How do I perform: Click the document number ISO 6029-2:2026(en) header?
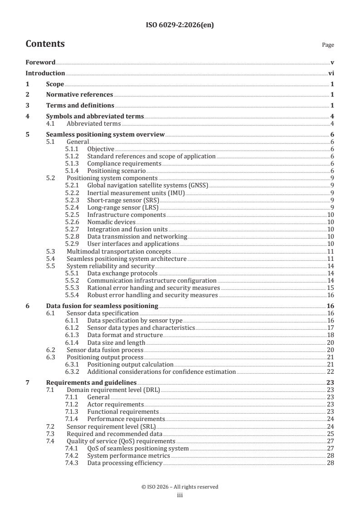180,25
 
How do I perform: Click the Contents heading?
45,44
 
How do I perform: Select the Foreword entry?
40,62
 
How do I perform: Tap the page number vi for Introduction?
331,73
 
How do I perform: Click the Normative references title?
79,95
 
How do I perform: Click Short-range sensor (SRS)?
120,200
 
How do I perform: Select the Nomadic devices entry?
111,222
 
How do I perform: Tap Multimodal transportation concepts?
118,251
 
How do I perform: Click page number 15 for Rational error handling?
331,288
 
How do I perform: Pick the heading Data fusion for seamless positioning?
102,306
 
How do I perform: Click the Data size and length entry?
116,342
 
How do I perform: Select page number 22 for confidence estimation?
331,372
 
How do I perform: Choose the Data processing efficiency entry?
124,463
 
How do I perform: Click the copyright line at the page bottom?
180,487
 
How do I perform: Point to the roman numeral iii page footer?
180,495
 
